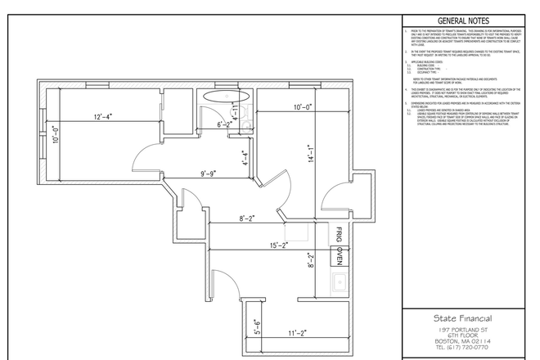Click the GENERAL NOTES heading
tap(464, 21)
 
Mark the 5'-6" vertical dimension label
tap(256, 327)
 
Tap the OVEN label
tap(336, 258)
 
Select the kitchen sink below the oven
tap(337, 284)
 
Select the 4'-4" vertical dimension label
tap(245, 157)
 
